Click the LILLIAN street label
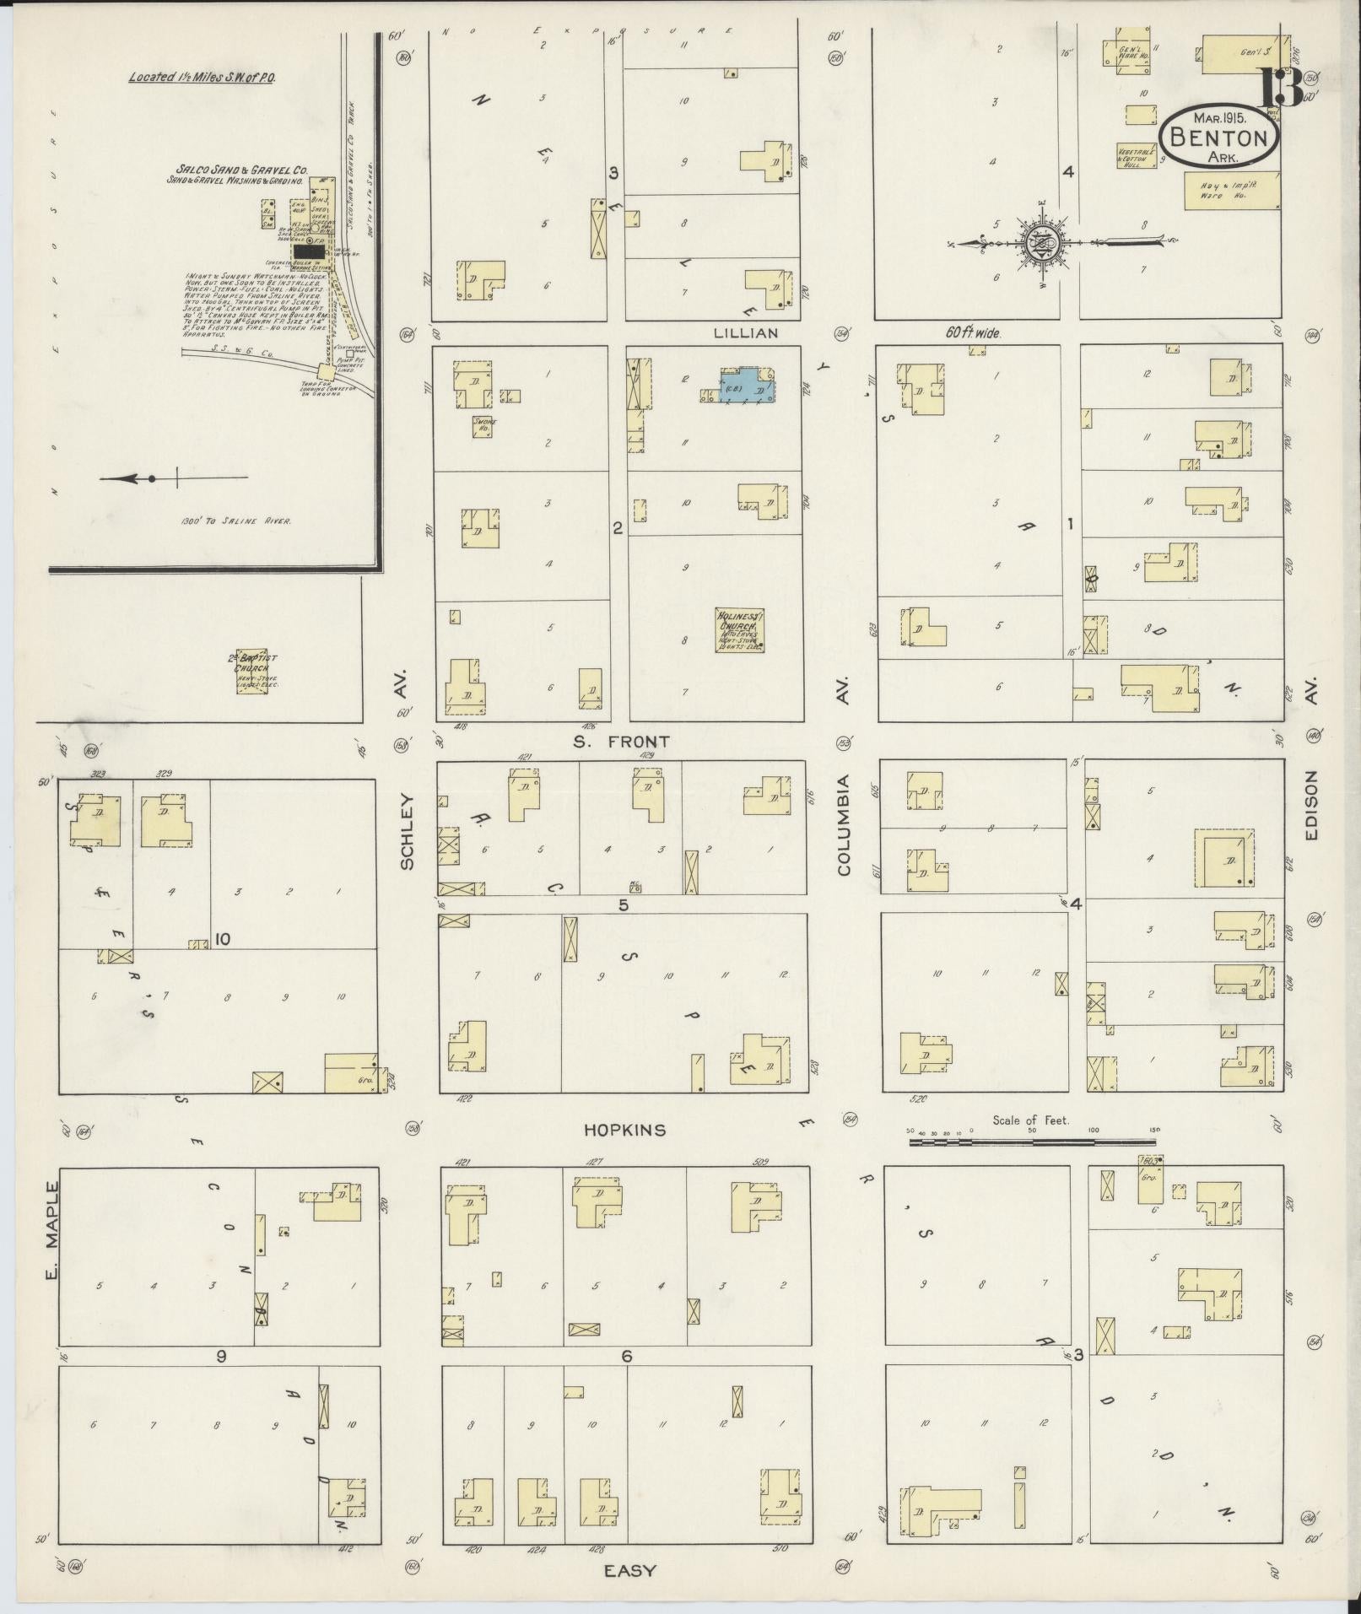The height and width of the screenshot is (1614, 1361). point(745,333)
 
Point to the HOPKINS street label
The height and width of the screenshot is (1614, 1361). point(625,1130)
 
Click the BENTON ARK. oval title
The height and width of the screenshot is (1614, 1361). point(1219,137)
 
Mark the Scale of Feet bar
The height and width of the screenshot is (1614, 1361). point(1002,1142)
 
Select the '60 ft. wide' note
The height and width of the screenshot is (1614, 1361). point(973,333)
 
